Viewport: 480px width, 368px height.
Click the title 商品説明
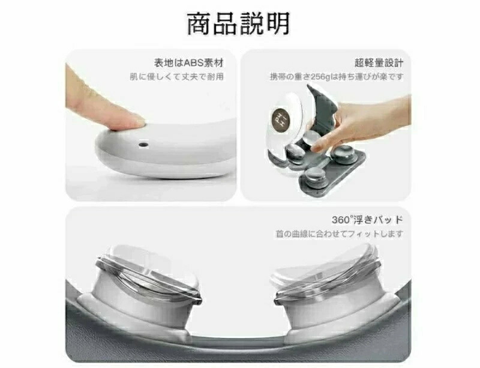[x=238, y=23]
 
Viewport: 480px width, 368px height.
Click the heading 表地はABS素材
[x=189, y=63]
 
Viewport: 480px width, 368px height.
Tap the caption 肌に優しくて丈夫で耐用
[x=177, y=77]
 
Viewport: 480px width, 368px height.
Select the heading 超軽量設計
[x=379, y=63]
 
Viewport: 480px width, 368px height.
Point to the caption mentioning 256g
[x=337, y=77]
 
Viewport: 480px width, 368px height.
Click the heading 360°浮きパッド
[x=367, y=219]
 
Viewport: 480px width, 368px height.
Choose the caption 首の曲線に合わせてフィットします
[x=339, y=234]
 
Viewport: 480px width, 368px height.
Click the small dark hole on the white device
[x=143, y=144]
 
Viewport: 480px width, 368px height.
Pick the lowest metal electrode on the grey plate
[x=314, y=178]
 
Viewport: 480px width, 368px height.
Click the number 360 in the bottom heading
[x=340, y=220]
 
